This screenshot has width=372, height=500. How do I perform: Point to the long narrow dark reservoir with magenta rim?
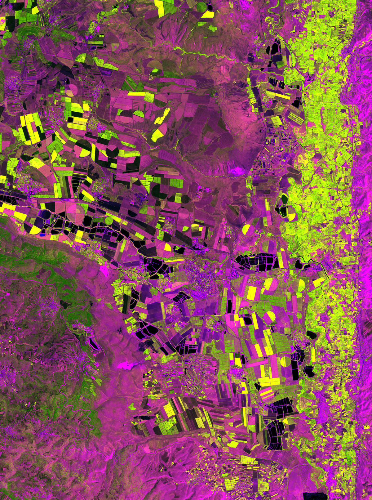[92, 343]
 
